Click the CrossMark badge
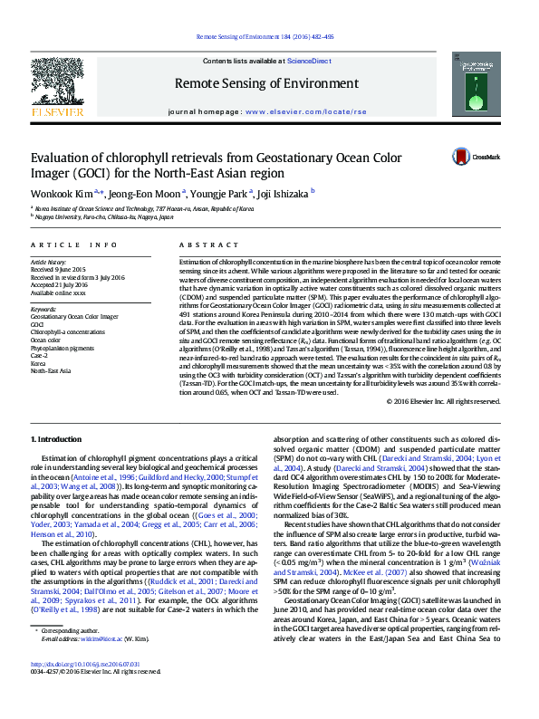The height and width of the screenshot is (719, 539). point(461,157)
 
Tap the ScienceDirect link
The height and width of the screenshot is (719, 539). point(308,60)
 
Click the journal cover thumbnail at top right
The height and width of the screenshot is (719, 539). point(477,85)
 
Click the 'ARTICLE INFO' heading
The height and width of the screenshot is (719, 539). point(73,245)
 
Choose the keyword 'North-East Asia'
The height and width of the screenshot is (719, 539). point(52,370)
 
